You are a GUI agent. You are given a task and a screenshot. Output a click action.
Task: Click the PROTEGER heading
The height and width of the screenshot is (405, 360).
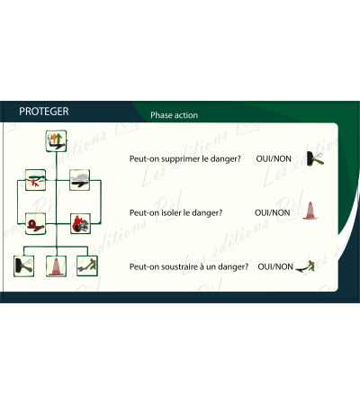coord(44,112)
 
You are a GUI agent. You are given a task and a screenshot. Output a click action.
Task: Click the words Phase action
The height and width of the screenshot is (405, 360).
coord(174,115)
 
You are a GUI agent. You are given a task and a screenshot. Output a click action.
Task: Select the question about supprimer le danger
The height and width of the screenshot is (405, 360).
coord(184,159)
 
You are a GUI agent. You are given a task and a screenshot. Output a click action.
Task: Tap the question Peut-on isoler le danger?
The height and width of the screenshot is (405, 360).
coord(175,212)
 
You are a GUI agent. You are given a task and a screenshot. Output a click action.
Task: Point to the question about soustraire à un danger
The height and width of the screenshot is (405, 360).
coord(189,266)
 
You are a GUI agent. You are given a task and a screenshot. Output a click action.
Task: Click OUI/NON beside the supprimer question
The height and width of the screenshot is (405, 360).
coord(274,158)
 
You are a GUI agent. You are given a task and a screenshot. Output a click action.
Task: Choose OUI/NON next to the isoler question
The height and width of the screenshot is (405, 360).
coord(272,212)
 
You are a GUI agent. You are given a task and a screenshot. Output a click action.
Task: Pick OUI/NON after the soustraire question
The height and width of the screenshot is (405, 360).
coord(275,266)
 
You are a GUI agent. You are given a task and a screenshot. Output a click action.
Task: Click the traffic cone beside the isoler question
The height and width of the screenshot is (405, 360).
coord(310,211)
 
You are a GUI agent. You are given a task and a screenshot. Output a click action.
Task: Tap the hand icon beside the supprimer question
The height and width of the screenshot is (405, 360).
coord(315,158)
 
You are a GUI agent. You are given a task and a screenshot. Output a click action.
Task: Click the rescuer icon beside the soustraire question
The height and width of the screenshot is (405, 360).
coord(305,267)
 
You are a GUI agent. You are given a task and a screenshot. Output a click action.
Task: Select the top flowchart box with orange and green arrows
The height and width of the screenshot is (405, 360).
coord(56,141)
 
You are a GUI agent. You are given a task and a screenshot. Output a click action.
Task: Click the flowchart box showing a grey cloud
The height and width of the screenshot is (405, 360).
coord(80,180)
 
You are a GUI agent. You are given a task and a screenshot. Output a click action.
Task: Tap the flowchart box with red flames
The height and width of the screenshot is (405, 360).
coord(80,223)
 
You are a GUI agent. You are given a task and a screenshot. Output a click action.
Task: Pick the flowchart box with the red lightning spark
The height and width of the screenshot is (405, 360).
coord(35,180)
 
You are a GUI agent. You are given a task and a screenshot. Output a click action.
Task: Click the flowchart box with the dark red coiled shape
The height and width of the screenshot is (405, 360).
coord(35,224)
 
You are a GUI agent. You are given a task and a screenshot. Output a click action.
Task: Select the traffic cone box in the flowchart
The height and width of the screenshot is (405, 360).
coord(56,266)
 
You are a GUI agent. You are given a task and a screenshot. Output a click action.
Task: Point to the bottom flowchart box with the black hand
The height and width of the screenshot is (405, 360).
coord(23,266)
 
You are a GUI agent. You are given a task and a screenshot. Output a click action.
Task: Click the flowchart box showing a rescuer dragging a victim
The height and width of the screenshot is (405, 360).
coord(87,265)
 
